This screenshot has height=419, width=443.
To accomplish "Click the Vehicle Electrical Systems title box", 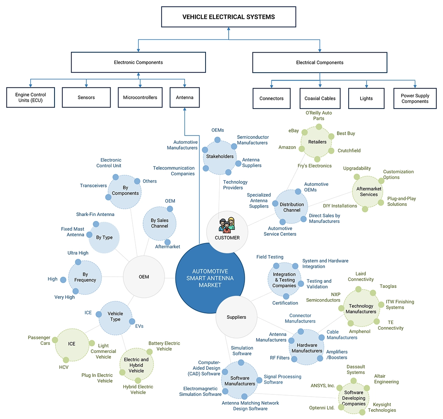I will click(x=228, y=17).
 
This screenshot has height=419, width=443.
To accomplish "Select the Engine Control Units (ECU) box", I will click(x=31, y=98).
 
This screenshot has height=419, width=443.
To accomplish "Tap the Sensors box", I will click(x=86, y=98).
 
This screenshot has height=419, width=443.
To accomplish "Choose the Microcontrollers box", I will click(x=140, y=98).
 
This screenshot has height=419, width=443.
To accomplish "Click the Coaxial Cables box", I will click(x=320, y=98).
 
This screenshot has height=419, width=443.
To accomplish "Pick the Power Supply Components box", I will click(x=415, y=98).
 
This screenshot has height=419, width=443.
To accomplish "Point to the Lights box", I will click(x=366, y=98).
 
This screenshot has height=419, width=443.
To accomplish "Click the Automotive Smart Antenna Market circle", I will click(x=210, y=278).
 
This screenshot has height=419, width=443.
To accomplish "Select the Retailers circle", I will click(x=317, y=142).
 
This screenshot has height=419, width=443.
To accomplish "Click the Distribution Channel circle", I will click(x=292, y=207).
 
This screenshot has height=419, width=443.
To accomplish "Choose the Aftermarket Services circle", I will click(x=369, y=192).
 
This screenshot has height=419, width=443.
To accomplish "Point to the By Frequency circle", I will click(x=85, y=277).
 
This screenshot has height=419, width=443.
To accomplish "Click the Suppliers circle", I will click(x=236, y=317).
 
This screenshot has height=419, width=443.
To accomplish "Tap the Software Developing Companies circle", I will click(x=354, y=398).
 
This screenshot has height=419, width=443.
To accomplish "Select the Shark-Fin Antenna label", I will click(x=95, y=214).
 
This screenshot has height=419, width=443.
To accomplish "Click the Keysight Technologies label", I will click(x=382, y=407).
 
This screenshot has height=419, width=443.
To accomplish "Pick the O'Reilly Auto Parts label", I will click(x=318, y=115).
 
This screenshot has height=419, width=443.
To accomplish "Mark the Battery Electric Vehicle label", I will click(x=164, y=346).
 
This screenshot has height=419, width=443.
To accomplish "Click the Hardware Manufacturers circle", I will click(x=307, y=348).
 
